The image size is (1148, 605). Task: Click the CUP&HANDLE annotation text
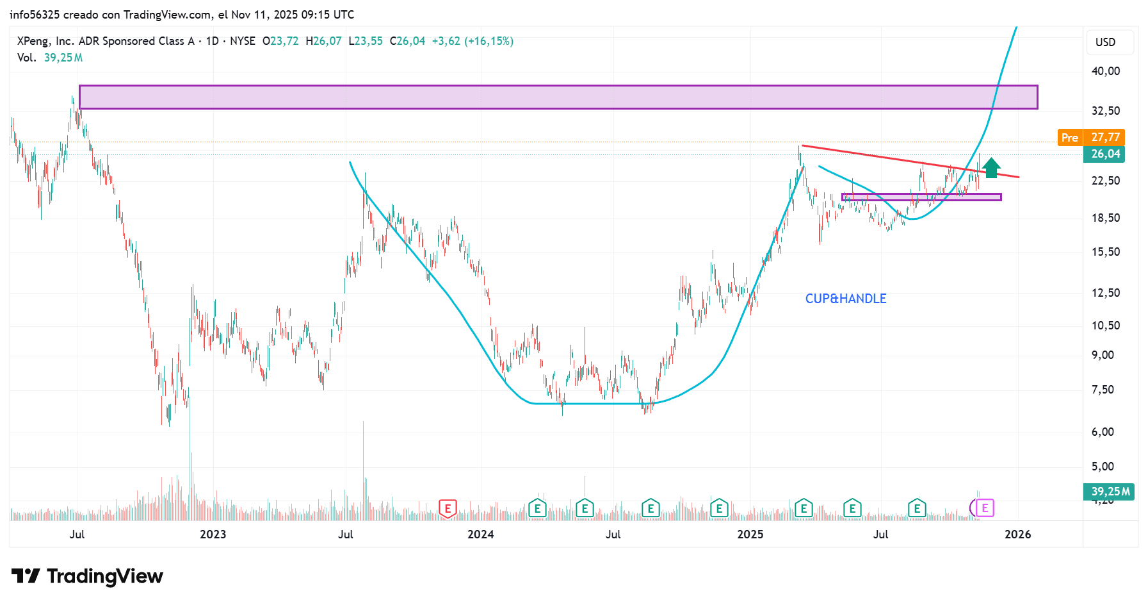(845, 299)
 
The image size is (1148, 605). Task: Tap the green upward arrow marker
(990, 168)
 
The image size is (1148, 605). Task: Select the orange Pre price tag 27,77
(1091, 137)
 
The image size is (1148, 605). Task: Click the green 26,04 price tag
(1105, 154)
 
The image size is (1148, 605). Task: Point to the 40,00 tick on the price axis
(1105, 71)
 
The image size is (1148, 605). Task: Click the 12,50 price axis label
(1105, 293)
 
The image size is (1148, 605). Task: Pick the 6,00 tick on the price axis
(1103, 432)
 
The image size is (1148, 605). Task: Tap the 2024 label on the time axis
(480, 535)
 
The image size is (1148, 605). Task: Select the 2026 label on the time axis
(1017, 535)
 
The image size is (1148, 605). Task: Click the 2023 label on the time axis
(213, 535)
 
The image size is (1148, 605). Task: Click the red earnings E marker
(448, 509)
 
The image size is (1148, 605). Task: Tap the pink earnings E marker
(985, 508)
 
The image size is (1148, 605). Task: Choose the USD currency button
(1105, 42)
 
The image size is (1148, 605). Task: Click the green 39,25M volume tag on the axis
(1110, 492)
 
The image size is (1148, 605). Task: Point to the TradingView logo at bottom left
(88, 576)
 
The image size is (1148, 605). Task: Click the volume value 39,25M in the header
(63, 58)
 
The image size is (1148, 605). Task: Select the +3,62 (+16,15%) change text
(473, 41)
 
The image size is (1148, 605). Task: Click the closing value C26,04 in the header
(407, 41)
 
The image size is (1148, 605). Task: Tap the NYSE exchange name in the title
(243, 41)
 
